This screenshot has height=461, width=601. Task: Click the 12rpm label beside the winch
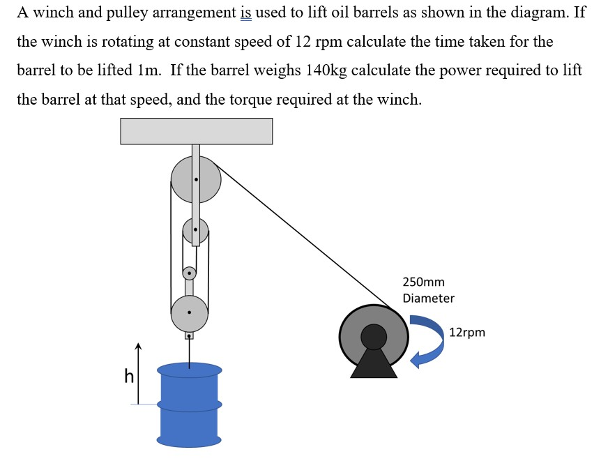(x=467, y=333)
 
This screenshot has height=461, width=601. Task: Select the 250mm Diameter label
(x=427, y=290)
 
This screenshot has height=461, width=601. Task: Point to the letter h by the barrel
(x=128, y=377)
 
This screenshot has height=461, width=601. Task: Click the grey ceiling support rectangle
(x=196, y=131)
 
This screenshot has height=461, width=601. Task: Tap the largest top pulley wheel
(x=196, y=180)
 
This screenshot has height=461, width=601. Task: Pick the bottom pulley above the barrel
(x=189, y=312)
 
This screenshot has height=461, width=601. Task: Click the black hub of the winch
(x=374, y=337)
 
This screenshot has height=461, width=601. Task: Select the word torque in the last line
(x=298, y=99)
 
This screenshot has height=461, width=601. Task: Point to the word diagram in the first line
(x=538, y=13)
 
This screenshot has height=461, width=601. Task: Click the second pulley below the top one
(x=196, y=230)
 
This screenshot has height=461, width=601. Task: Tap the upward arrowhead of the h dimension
(x=138, y=347)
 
